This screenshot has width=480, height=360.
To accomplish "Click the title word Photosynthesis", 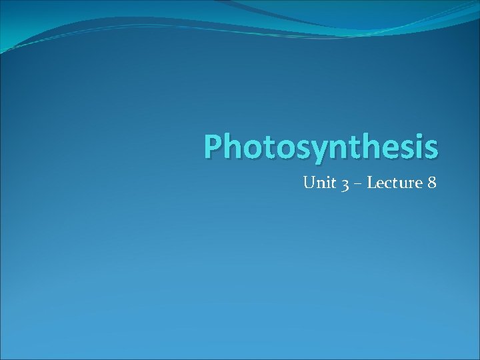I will (321, 147).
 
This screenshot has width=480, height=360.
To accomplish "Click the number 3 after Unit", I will (345, 184).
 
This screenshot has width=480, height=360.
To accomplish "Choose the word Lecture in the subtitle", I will (393, 182).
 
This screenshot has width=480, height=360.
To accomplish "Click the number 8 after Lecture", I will (431, 182).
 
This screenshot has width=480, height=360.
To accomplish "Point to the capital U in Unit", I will (309, 182).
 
